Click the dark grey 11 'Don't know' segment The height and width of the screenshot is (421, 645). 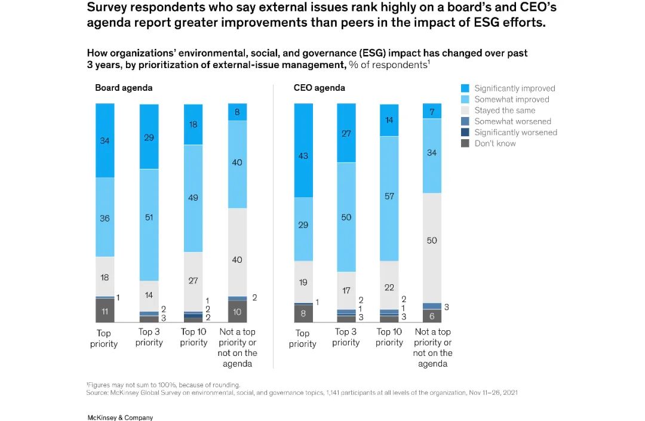(x=105, y=311)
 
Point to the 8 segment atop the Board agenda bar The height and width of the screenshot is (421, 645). (x=237, y=112)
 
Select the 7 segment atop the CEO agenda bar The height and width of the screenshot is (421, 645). (x=432, y=110)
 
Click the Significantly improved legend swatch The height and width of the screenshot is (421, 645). (x=465, y=88)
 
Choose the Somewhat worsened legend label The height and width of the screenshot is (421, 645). (x=512, y=121)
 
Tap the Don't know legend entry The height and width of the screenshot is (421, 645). (x=495, y=143)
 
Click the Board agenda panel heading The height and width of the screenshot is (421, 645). (x=124, y=88)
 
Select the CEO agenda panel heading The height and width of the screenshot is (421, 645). (x=319, y=88)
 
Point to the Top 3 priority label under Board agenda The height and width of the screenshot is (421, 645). (x=149, y=337)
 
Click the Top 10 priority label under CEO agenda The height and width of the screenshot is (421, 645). (x=389, y=337)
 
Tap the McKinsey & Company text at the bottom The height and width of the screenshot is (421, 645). (x=120, y=417)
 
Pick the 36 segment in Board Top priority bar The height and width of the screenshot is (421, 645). (x=105, y=217)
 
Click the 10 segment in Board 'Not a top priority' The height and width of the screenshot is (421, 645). (x=237, y=311)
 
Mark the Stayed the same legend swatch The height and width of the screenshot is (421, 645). (x=465, y=110)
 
